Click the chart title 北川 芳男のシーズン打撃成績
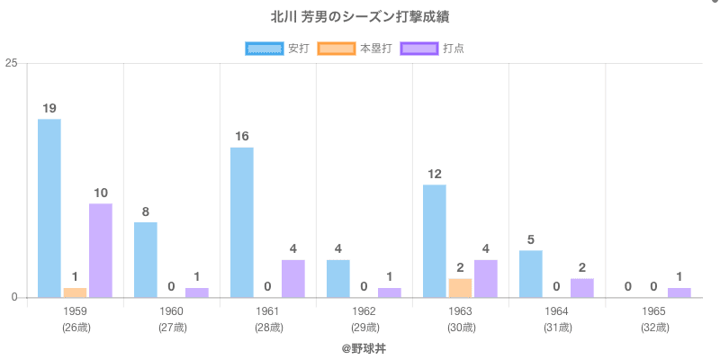(359, 17)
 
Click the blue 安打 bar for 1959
(49, 208)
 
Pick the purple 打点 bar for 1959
(101, 250)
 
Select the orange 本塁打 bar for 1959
(75, 292)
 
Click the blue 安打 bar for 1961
(242, 222)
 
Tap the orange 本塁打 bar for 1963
(460, 288)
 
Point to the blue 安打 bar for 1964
(531, 274)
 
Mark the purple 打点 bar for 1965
(679, 292)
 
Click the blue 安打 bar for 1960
(146, 260)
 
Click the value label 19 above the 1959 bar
(49, 108)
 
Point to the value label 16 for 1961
(242, 137)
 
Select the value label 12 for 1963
(435, 174)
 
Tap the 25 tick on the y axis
(12, 63)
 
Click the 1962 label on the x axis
(364, 311)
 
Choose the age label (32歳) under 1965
(653, 328)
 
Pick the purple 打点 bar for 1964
(582, 288)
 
